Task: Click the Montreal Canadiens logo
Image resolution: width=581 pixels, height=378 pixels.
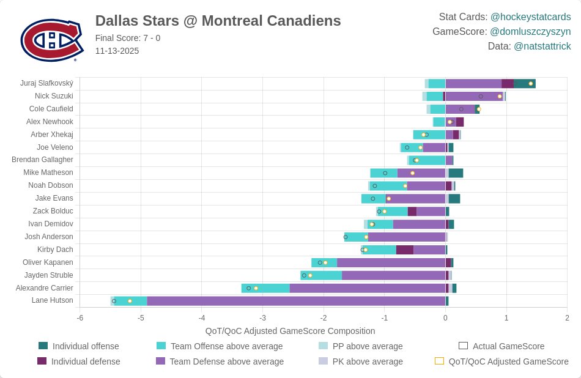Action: click(51, 40)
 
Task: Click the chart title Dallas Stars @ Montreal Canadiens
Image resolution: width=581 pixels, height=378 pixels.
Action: click(218, 21)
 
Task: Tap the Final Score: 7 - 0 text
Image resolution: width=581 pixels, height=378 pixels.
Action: click(128, 38)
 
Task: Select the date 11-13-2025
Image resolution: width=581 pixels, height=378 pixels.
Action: click(117, 51)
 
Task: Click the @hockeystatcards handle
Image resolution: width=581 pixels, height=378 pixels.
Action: click(530, 17)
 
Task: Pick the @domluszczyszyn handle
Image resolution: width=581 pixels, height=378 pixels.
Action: click(530, 32)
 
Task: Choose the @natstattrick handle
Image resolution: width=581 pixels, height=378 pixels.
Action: click(542, 46)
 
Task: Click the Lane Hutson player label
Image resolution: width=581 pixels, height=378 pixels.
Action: click(52, 300)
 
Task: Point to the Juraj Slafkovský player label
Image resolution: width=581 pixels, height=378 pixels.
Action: click(46, 83)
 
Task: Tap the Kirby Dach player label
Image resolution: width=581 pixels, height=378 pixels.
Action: click(55, 250)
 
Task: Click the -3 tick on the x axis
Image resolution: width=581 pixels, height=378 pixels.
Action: click(262, 318)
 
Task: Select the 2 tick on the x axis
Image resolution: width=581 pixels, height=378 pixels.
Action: click(567, 318)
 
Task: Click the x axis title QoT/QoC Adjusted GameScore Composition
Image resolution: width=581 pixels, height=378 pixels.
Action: click(290, 331)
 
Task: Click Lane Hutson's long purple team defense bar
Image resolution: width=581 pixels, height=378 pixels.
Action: click(296, 301)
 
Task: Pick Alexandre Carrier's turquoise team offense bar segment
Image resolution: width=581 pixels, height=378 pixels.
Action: click(265, 288)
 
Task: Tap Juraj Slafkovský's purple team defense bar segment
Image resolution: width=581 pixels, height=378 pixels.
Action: click(473, 84)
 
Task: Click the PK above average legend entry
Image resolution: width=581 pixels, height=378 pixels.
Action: click(367, 361)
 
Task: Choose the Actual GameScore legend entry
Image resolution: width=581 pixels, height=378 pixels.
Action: click(508, 346)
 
